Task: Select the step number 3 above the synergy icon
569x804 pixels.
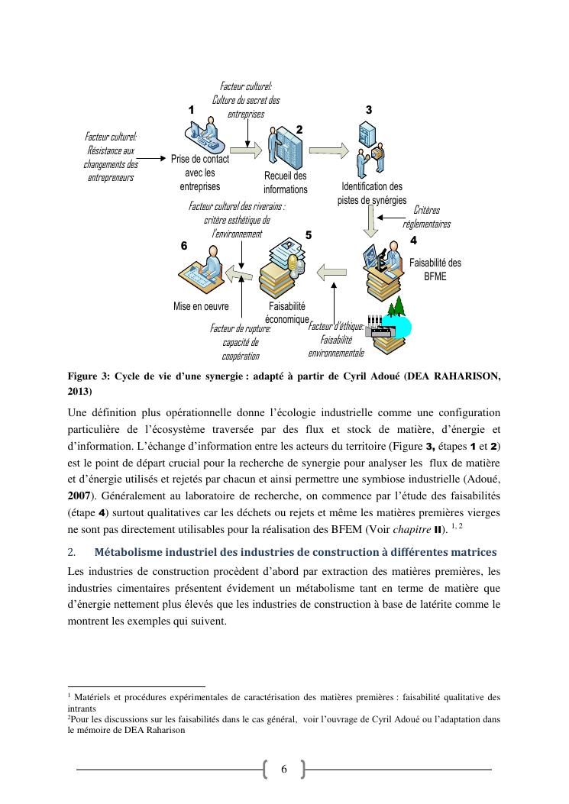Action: coord(369,110)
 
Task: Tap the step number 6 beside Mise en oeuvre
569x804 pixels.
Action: coord(184,246)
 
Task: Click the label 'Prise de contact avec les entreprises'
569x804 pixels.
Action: coord(199,173)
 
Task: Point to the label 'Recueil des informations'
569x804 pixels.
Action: coord(285,183)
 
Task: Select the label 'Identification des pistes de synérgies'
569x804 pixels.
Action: coord(372,193)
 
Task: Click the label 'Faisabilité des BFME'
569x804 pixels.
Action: coord(435,270)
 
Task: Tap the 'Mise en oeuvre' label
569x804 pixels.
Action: coord(202,306)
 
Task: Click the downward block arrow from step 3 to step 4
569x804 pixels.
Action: coord(372,222)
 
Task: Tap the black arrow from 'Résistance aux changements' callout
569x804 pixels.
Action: coord(154,159)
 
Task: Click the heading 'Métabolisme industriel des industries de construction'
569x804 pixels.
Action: coord(295,552)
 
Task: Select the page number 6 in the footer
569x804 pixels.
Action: coord(283,769)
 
